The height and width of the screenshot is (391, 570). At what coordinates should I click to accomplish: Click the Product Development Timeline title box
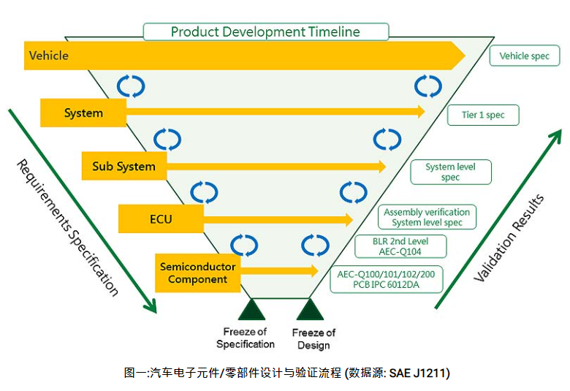[x=265, y=32]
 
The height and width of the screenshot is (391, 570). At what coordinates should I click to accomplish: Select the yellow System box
[x=83, y=113]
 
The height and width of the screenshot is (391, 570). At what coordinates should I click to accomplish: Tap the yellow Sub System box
[x=123, y=166]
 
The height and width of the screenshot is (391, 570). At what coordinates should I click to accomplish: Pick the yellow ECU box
[x=161, y=219]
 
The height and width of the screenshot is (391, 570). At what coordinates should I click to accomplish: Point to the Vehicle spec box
[x=524, y=56]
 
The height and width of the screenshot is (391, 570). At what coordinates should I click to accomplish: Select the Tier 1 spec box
[x=483, y=115]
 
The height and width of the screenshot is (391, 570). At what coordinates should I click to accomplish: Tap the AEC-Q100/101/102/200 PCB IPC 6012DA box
[x=387, y=279]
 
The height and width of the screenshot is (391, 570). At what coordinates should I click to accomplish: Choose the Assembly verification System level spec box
[x=427, y=217]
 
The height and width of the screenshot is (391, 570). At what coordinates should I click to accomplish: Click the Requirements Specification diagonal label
[x=66, y=227]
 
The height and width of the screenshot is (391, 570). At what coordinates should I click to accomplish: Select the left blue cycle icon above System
[x=132, y=86]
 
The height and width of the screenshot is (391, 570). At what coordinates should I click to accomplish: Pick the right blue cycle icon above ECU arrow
[x=354, y=192]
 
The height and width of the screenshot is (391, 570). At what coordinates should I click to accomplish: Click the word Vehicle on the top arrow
[x=49, y=56]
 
